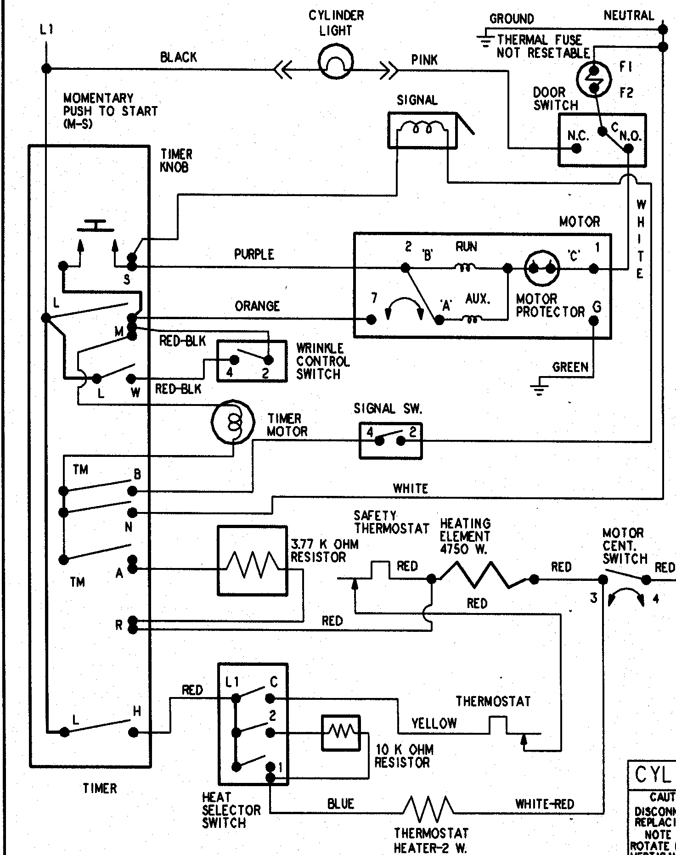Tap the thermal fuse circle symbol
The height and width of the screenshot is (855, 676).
[594, 79]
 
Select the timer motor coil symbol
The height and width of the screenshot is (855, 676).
[233, 422]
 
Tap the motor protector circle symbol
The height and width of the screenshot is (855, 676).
[542, 268]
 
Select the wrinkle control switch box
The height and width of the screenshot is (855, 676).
[252, 360]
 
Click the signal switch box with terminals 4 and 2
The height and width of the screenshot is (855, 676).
[390, 441]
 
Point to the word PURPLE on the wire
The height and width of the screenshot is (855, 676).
[254, 254]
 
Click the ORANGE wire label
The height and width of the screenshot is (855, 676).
[257, 306]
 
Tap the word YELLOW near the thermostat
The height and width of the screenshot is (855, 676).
[434, 724]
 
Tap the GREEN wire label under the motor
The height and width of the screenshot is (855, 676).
[570, 367]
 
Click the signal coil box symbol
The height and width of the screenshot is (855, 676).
[422, 131]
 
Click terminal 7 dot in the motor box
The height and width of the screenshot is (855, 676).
[371, 319]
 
